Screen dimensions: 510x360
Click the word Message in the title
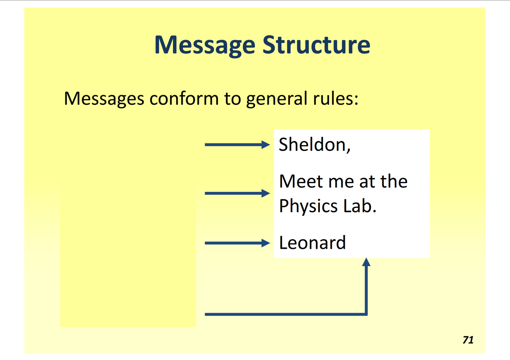[205, 45]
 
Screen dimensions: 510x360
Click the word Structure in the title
[316, 45]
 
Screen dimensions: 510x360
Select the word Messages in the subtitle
[104, 99]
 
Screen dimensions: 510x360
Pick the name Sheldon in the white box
[312, 145]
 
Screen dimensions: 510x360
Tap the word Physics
[308, 206]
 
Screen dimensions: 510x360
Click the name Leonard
[312, 243]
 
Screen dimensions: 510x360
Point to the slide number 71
[468, 340]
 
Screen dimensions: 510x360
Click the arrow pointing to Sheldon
[237, 145]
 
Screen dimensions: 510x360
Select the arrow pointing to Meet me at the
[237, 193]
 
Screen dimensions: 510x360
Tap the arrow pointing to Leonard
[237, 243]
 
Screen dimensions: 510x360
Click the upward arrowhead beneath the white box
[366, 262]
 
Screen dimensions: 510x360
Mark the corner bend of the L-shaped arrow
[366, 314]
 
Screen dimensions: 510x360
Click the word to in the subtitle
[232, 99]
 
